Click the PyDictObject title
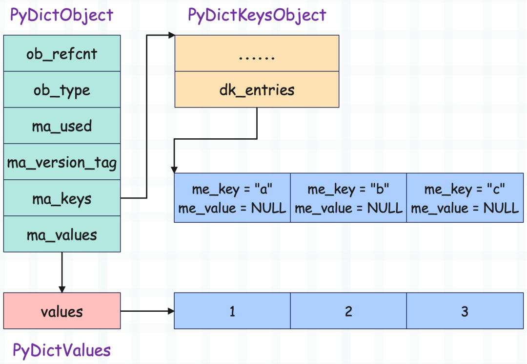tap(61, 16)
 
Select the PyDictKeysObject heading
tap(257, 16)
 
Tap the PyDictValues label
tap(61, 350)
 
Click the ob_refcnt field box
tap(62, 53)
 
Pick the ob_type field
tap(62, 89)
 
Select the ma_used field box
tap(62, 126)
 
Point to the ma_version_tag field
tap(62, 162)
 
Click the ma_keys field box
tap(62, 198)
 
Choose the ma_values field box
tap(62, 234)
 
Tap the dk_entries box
tap(257, 89)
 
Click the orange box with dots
tap(257, 53)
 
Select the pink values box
tap(62, 311)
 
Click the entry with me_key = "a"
tap(232, 198)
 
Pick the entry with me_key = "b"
tap(348, 198)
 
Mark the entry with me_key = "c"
tap(465, 198)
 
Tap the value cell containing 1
tap(232, 311)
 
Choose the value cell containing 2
tap(348, 311)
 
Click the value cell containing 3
tap(465, 311)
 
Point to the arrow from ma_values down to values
tap(62, 273)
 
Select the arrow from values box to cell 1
tap(147, 311)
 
